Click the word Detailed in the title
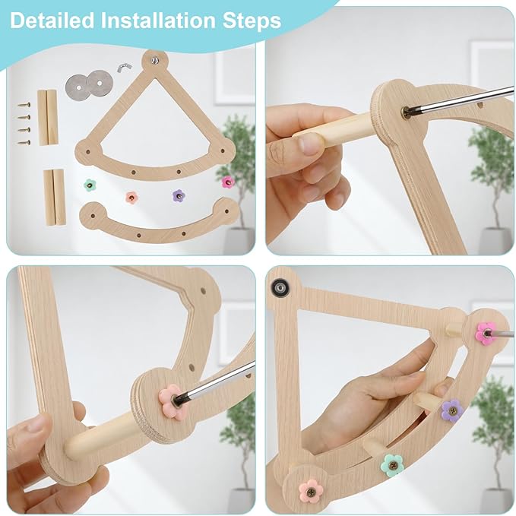(54, 21)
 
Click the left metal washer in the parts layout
(76, 84)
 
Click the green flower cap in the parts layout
(90, 185)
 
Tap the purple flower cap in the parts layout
(179, 195)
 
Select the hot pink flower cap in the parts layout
(227, 182)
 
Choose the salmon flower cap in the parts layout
(132, 198)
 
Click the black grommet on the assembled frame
(280, 287)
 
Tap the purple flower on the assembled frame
(451, 410)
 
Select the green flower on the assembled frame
(392, 464)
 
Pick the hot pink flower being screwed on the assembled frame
(486, 333)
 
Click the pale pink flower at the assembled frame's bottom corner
(311, 490)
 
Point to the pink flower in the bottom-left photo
(171, 401)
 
